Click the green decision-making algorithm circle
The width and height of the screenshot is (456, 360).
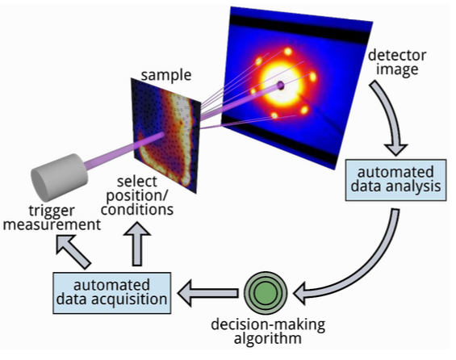pos(266,293)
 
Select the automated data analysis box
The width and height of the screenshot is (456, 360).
pos(395,180)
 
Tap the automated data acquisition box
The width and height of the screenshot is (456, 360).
pos(112,293)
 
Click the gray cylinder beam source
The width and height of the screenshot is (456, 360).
pos(59,177)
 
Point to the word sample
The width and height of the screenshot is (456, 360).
pos(166,75)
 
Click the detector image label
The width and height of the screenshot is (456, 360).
pos(397,62)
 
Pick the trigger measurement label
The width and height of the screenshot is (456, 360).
pos(52,218)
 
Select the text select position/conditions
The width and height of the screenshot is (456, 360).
pos(137,195)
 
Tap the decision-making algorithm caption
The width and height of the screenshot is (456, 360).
pos(268,331)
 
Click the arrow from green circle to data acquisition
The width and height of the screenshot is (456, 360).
pos(208,293)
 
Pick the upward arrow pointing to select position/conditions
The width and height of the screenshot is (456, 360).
pos(137,244)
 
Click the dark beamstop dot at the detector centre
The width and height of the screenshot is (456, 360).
pos(281,86)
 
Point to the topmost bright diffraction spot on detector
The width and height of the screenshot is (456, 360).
pos(288,52)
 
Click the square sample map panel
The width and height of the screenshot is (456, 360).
pos(165,136)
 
